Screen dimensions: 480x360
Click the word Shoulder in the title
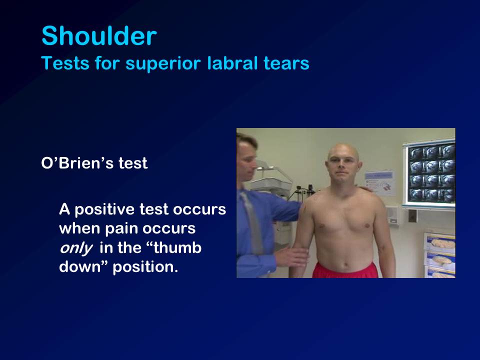pos(99,36)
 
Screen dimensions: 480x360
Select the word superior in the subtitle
pos(163,64)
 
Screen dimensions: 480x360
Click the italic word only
pos(75,248)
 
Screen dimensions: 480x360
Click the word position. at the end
pos(145,267)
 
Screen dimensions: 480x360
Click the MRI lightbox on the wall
pos(429,174)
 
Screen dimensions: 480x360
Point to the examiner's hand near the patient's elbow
pos(291,256)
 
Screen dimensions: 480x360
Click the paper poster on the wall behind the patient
pos(380,183)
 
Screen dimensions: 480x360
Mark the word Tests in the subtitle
pos(65,63)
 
